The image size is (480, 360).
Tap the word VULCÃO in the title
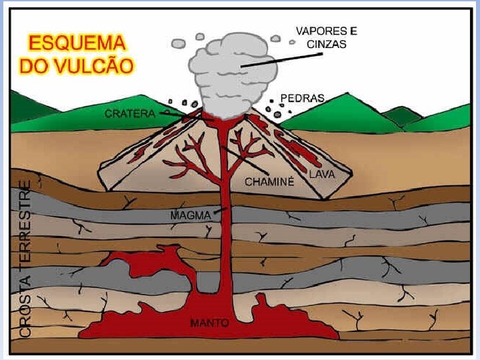click(95, 66)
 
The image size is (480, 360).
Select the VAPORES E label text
click(326, 31)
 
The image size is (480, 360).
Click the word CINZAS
click(326, 44)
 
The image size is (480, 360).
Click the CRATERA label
click(130, 113)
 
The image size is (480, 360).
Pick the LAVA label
click(321, 173)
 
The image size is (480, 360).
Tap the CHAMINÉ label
click(269, 181)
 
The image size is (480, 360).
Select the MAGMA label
click(191, 215)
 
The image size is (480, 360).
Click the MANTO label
click(209, 323)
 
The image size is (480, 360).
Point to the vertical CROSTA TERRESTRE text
click(25, 257)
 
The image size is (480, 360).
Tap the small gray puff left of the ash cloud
click(178, 44)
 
